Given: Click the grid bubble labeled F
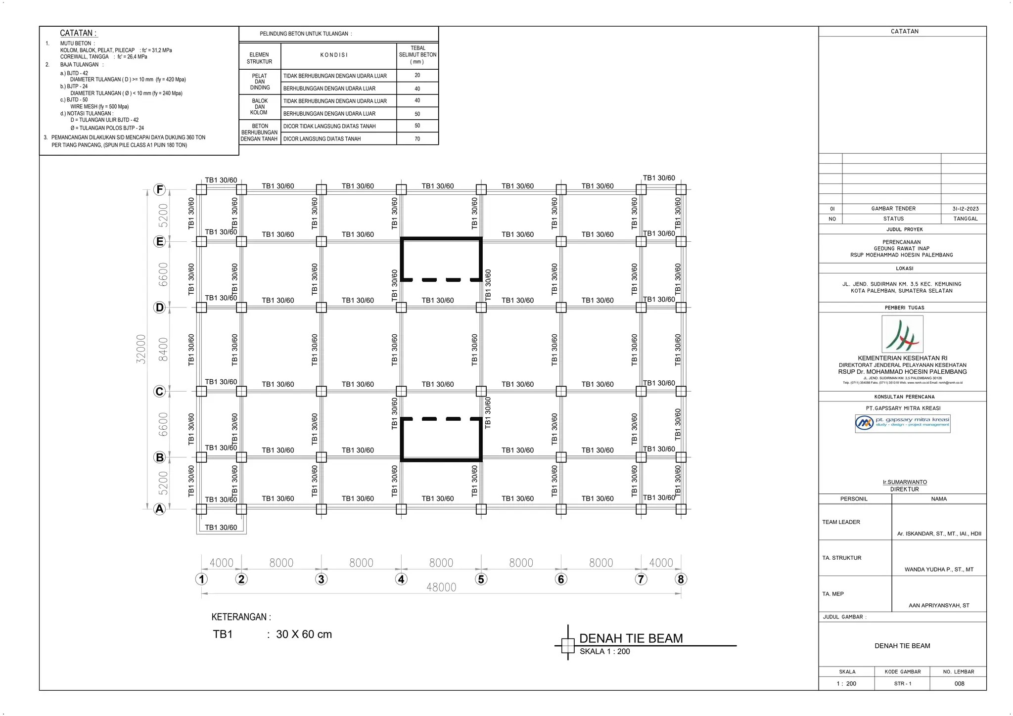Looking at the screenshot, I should coord(159,189).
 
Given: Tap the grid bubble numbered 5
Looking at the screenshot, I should coord(481,579).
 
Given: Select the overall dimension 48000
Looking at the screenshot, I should coord(441,587).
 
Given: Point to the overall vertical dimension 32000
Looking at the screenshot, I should coord(141,349).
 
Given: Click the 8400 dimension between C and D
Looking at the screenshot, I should coord(163,349).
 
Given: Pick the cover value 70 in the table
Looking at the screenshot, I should coord(417,139).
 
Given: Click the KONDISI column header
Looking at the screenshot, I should coord(334,55).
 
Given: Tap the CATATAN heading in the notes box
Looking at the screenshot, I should coord(78,33).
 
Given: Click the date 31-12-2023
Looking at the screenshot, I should coord(965,209).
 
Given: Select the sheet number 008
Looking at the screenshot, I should coord(959,683).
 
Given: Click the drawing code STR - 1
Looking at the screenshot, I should coord(902,683).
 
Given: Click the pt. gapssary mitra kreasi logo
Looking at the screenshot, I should coord(902,423).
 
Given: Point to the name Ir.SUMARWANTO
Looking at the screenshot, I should coord(904,482).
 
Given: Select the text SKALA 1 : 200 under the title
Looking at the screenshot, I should coord(604,652).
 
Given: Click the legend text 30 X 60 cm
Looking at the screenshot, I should coord(304,634).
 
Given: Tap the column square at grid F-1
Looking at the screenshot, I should coord(201,189).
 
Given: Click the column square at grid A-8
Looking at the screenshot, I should coord(681,509).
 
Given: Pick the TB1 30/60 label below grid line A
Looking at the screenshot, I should coord(221,528).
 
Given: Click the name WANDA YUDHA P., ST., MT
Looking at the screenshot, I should coord(938,570).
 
